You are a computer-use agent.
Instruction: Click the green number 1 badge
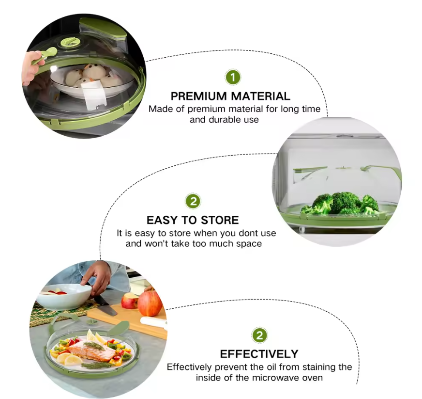[233, 78]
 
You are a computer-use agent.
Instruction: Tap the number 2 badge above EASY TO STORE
[193, 201]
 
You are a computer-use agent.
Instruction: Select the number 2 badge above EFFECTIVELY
[259, 335]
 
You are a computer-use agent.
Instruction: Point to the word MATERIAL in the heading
[260, 96]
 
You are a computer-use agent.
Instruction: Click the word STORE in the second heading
[220, 220]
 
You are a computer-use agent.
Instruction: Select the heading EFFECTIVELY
[259, 354]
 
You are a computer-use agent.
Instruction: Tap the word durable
[225, 119]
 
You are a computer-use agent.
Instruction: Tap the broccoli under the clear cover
[340, 203]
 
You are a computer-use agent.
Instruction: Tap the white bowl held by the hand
[64, 296]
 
